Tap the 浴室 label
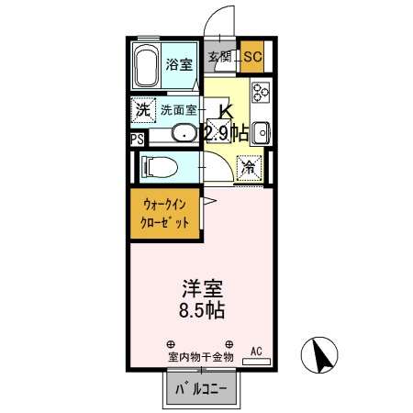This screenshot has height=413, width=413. [x=179, y=64]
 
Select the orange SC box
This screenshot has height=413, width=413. [x=252, y=58]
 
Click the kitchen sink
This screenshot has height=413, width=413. [x=260, y=132]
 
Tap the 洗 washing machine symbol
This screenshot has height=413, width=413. [x=143, y=108]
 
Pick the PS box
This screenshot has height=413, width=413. [x=136, y=140]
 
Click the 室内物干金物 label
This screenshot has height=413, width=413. [x=201, y=356]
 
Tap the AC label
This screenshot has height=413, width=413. [x=256, y=350]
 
